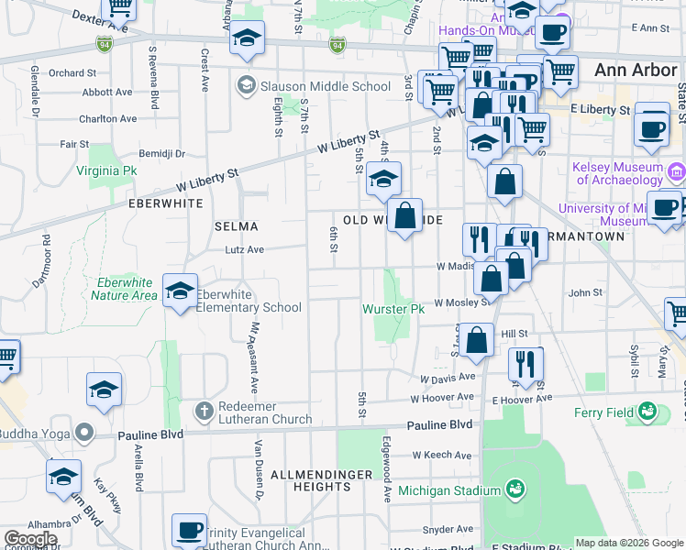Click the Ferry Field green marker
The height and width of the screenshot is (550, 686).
tap(647, 412)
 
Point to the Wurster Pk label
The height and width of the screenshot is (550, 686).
tap(393, 309)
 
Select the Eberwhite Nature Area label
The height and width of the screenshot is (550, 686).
tap(126, 289)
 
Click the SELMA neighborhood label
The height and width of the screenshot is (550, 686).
tap(236, 225)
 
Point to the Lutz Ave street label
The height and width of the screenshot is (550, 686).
tap(244, 249)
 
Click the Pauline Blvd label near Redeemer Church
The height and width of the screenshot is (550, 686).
tap(150, 434)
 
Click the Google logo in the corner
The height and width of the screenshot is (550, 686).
tap(30, 539)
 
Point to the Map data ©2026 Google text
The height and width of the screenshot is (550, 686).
tap(629, 543)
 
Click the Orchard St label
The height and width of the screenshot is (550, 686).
tap(72, 72)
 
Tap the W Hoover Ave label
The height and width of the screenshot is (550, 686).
tap(443, 399)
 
